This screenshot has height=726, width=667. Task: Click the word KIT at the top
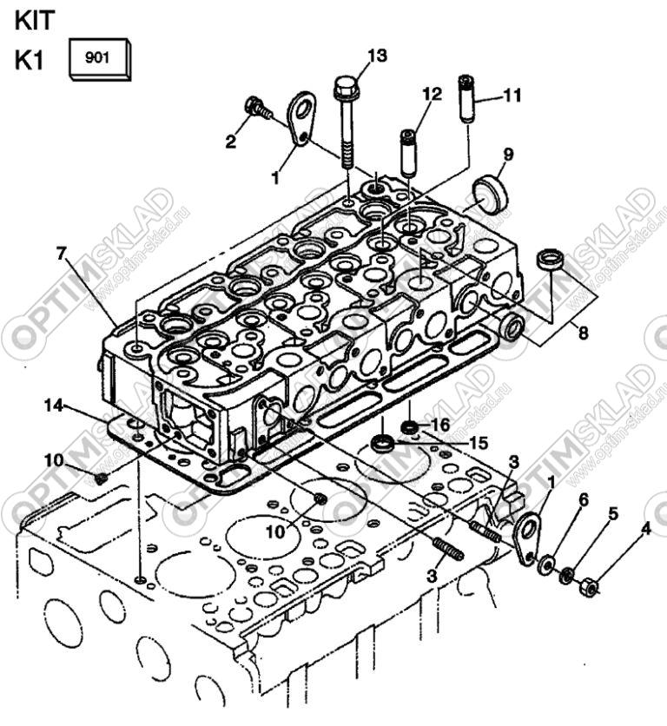click(34, 20)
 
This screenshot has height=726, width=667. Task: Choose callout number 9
click(507, 155)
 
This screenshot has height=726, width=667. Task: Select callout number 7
click(61, 253)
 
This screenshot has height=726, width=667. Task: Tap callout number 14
click(54, 405)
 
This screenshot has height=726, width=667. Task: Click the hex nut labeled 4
click(588, 588)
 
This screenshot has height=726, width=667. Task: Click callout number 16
click(441, 424)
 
